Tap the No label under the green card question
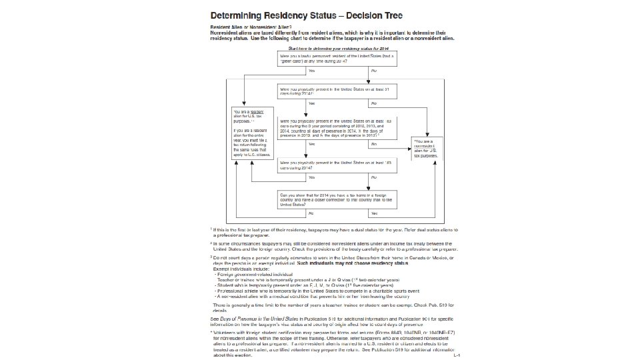[x=373, y=70]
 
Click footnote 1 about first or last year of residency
[x=333, y=231]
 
